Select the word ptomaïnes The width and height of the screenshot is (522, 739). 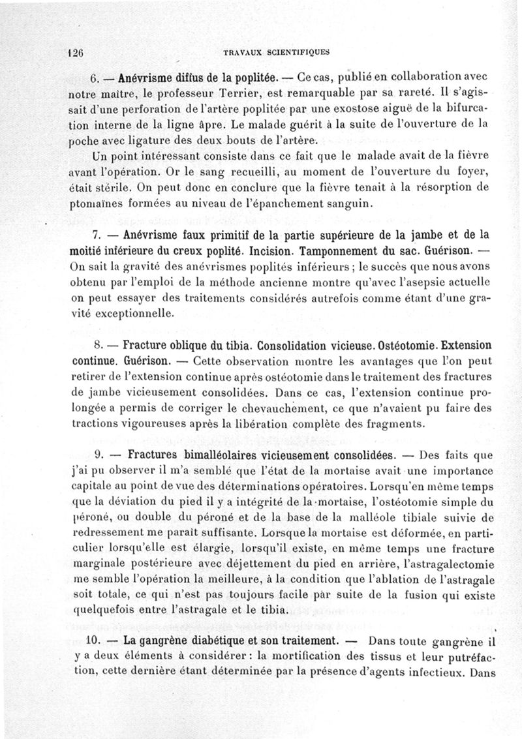click(95, 204)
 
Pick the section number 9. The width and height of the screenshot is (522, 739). click(100, 455)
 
